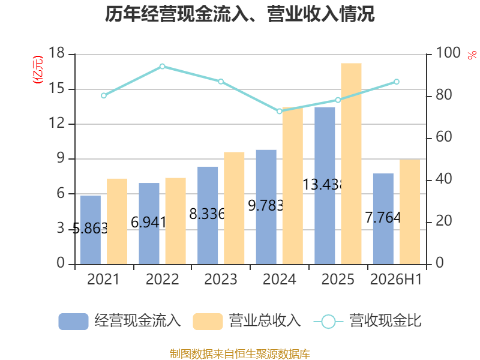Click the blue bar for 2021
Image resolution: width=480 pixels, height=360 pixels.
[91, 230]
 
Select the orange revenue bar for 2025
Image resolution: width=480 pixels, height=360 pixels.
[351, 164]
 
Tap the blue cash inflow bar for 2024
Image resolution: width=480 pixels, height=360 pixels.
[266, 207]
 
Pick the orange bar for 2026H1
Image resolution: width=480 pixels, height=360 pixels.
[410, 212]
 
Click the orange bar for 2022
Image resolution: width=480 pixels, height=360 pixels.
[175, 221]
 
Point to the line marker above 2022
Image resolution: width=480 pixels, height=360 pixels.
[162, 67]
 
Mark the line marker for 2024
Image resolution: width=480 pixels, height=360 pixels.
[280, 111]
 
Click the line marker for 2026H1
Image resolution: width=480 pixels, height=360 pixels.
[397, 82]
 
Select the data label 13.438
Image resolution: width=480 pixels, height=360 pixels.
[322, 185]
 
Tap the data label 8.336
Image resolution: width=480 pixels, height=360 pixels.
[207, 214]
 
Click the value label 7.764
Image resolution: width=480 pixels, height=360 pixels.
[383, 218]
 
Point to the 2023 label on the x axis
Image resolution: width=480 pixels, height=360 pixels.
[221, 279]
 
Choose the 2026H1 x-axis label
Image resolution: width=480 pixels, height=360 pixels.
[396, 279]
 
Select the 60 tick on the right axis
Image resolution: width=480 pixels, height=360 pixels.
[443, 137]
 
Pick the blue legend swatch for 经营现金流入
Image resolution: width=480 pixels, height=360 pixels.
[73, 322]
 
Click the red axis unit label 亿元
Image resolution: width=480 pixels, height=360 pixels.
[38, 70]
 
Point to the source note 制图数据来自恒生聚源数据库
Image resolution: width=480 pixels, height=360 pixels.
[240, 354]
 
